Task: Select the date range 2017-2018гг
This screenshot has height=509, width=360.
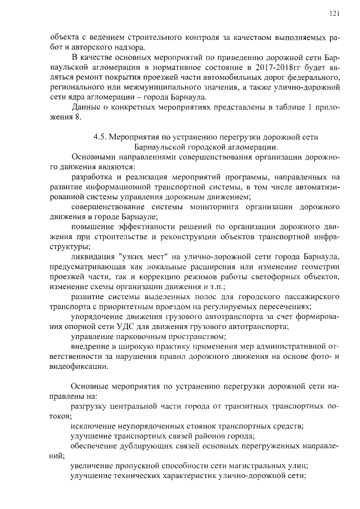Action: click(x=254, y=67)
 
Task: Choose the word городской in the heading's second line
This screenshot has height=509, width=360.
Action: click(x=210, y=146)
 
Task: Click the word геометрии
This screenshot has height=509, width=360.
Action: click(x=318, y=267)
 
